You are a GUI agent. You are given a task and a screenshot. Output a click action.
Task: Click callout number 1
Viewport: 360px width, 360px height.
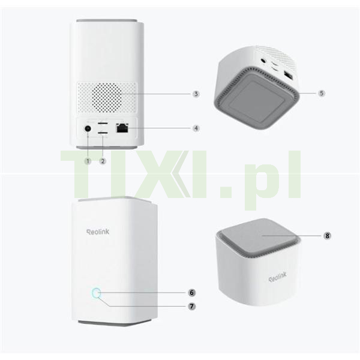coord(88,161)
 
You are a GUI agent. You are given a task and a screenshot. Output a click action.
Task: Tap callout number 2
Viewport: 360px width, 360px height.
coord(103,161)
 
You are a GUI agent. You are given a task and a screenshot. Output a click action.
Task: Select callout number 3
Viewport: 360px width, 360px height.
coord(196,94)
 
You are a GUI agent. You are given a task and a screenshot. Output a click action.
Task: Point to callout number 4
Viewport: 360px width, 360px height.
coord(196,128)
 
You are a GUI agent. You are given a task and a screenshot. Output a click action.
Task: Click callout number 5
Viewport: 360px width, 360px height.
coord(322,93)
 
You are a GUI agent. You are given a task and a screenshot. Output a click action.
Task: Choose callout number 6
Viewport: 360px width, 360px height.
coord(192,293)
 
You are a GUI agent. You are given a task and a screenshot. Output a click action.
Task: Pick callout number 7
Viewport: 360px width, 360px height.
coord(192,306)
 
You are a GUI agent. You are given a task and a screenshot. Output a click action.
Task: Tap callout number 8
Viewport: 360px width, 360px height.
coord(327,236)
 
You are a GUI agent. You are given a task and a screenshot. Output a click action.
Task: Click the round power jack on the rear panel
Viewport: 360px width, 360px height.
coord(88,128)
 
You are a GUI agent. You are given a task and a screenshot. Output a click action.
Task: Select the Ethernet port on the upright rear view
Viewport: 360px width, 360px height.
coord(122,128)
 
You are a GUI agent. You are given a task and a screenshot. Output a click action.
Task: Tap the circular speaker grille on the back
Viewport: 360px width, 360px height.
coord(107,98)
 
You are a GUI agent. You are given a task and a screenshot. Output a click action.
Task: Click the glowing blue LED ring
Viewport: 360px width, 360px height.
coord(96,293)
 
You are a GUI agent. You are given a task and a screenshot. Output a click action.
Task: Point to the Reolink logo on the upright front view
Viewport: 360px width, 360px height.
coord(98,232)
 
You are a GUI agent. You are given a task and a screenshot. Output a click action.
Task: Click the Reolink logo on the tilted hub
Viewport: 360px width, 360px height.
coord(278,277)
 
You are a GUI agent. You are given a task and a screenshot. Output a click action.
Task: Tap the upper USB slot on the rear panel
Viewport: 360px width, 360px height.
coord(103,124)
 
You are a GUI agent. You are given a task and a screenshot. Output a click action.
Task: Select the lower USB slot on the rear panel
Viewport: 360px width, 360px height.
coord(103,133)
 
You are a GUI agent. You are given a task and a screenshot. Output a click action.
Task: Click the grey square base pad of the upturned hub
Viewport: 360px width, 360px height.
coord(257,101)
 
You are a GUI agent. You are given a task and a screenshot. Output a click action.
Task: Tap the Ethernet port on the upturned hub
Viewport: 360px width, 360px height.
coord(289,76)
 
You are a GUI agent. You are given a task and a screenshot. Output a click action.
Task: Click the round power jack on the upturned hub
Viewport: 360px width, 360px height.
coord(263,61)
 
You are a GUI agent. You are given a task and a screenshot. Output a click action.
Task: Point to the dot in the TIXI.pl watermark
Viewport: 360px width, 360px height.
coord(226,190)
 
